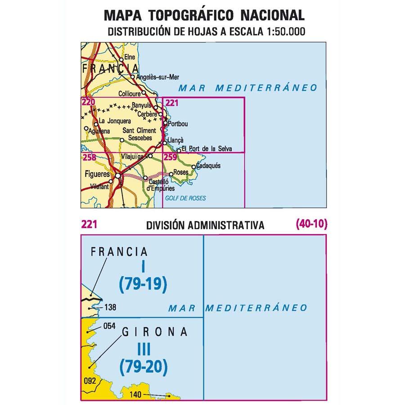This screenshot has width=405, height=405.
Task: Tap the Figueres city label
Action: pyautogui.click(x=97, y=174)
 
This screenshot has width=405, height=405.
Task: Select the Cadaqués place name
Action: pyautogui.click(x=208, y=166)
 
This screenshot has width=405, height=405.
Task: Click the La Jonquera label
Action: pyautogui.click(x=114, y=121)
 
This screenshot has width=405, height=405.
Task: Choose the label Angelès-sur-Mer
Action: pyautogui.click(x=153, y=76)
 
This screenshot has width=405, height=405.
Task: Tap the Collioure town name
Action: pyautogui.click(x=128, y=94)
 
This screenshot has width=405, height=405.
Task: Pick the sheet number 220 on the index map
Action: pyautogui.click(x=88, y=103)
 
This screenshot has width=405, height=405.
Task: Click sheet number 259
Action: pyautogui.click(x=171, y=157)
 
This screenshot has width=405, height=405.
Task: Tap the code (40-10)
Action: pyautogui.click(x=311, y=224)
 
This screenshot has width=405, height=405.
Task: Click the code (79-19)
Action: pyautogui.click(x=143, y=283)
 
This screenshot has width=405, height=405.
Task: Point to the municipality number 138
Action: pyautogui.click(x=110, y=308)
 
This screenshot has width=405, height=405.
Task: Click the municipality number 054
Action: pyautogui.click(x=110, y=326)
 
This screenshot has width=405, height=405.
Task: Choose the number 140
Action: pyautogui.click(x=135, y=396)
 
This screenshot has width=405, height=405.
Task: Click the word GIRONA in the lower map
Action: pyautogui.click(x=154, y=332)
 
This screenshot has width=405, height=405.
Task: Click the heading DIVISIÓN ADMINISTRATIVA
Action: pyautogui.click(x=205, y=225)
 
